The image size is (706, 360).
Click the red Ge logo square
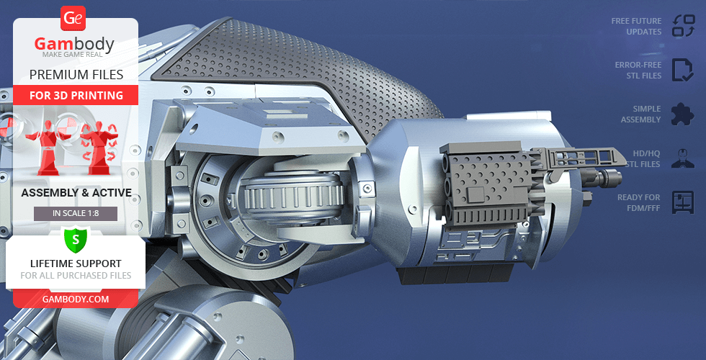[x=73, y=18]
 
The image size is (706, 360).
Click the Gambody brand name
[x=74, y=44]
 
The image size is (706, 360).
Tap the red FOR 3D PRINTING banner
[x=76, y=95]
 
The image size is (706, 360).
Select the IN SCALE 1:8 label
[x=76, y=214]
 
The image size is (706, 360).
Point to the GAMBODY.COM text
[x=76, y=299]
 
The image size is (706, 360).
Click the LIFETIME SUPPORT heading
[x=76, y=264]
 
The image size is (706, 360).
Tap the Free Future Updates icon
[x=683, y=26]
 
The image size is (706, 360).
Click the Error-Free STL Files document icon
[x=683, y=70]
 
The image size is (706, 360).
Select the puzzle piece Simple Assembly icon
[x=683, y=114]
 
